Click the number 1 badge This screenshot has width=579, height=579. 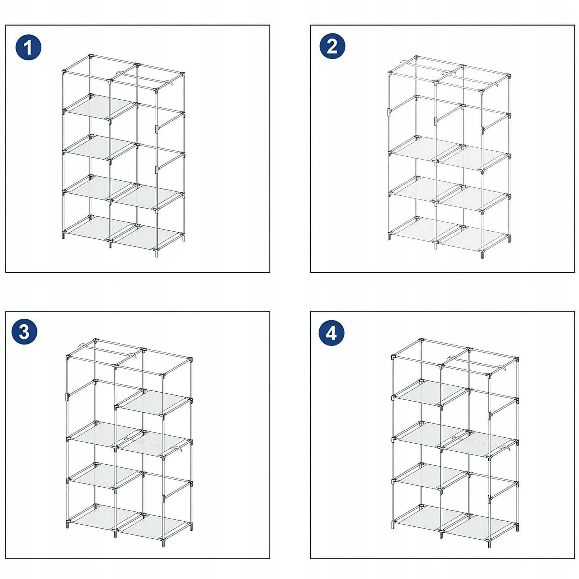pyautogui.click(x=28, y=47)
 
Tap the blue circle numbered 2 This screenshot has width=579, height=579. pyautogui.click(x=332, y=46)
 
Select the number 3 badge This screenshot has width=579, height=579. pyautogui.click(x=24, y=333)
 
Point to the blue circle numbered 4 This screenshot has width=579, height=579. pyautogui.click(x=331, y=333)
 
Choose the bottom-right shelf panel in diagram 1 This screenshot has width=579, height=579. pyautogui.click(x=147, y=237)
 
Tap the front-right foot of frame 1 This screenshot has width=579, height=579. pyautogui.click(x=156, y=252)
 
